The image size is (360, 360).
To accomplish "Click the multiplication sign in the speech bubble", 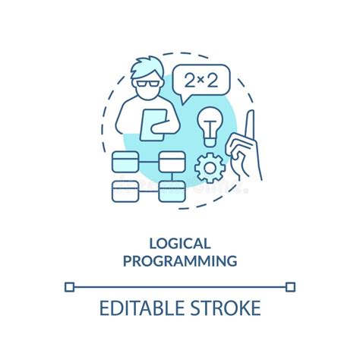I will (x=201, y=79).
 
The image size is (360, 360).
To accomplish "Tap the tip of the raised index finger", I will (x=251, y=114).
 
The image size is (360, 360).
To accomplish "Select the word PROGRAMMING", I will (x=180, y=261).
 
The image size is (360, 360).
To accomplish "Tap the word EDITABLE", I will (x=140, y=308).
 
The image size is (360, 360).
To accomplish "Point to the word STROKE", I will (x=224, y=308).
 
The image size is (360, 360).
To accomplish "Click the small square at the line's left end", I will (x=69, y=286).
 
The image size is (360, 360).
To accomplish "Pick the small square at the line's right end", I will (x=290, y=286).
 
